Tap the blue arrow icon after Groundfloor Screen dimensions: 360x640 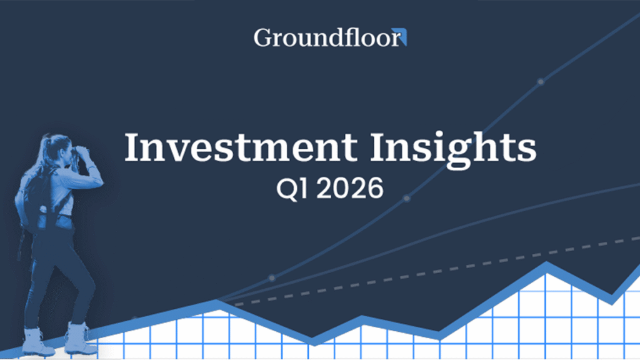[x=403, y=39]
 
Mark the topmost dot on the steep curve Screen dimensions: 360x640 [x=541, y=81]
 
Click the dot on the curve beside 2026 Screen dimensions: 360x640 [x=407, y=198]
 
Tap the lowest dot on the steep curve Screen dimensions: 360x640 [x=272, y=277]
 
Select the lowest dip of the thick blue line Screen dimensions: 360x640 [x=312, y=341]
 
